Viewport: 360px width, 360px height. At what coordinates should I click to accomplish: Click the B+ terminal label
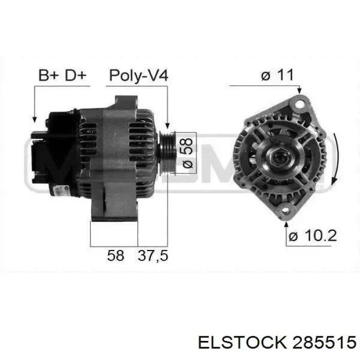(x=49, y=75)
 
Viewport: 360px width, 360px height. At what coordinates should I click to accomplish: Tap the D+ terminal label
(x=76, y=75)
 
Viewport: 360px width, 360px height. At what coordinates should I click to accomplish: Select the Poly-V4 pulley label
(x=139, y=76)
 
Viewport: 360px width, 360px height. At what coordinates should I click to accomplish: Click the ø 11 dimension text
(x=277, y=75)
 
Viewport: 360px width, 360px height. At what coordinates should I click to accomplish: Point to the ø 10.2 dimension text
(x=313, y=236)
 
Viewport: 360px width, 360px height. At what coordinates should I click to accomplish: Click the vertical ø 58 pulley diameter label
(x=187, y=153)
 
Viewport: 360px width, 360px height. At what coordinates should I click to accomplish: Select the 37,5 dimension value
(x=153, y=256)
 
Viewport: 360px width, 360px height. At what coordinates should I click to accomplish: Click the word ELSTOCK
(x=242, y=343)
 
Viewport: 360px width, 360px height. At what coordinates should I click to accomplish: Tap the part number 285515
(x=324, y=343)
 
